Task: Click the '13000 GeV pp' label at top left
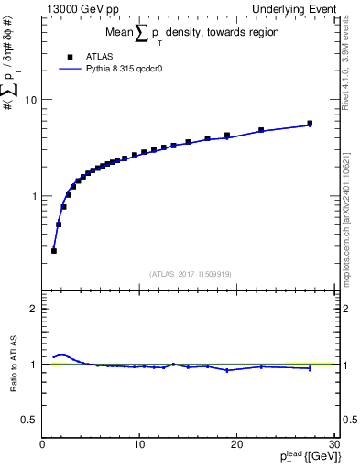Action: (80, 9)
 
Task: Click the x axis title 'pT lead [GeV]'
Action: (308, 459)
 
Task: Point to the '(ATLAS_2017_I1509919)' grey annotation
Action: (190, 272)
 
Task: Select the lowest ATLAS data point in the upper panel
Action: (54, 250)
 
